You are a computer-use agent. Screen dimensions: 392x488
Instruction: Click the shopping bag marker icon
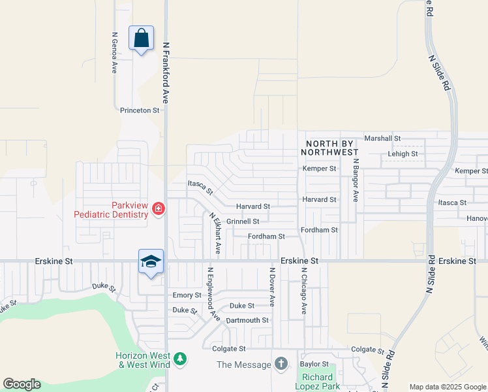tap(141, 38)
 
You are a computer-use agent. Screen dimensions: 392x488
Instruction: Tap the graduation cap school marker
tap(151, 262)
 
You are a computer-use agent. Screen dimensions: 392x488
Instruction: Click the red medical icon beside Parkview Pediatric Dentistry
tap(158, 209)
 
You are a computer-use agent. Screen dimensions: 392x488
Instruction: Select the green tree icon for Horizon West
tap(180, 359)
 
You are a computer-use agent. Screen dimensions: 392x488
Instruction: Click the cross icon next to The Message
tap(281, 364)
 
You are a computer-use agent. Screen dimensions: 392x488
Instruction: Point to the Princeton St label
tap(140, 110)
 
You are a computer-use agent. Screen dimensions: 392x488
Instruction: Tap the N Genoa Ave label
tap(115, 52)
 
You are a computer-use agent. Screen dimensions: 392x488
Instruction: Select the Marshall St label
tap(382, 139)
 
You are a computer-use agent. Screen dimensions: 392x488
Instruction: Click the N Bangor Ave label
tap(356, 180)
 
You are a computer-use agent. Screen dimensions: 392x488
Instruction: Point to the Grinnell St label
tap(243, 221)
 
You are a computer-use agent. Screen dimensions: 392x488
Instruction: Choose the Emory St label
tap(187, 295)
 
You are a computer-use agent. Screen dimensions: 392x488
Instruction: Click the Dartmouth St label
tap(247, 320)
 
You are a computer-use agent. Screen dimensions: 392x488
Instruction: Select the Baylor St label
tap(314, 363)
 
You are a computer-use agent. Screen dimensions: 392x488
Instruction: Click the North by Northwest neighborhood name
tap(329, 148)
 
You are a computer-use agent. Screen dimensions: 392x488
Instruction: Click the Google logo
tap(22, 384)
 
